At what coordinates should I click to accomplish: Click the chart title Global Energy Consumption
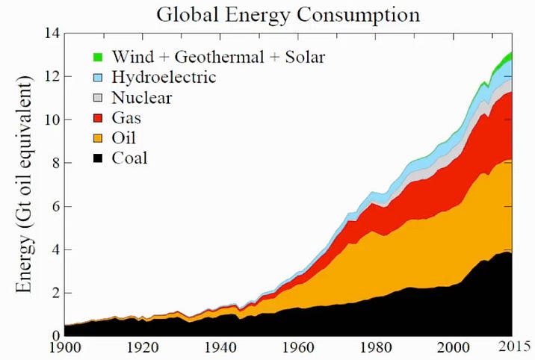click(286, 15)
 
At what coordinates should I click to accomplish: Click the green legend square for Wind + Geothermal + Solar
click(98, 57)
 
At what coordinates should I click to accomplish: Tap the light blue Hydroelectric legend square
click(98, 77)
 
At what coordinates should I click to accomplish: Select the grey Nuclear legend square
click(98, 97)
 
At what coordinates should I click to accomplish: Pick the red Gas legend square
click(98, 117)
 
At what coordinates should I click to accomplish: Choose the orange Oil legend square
click(98, 137)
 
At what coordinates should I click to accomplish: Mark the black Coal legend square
click(98, 158)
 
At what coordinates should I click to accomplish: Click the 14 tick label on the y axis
click(50, 34)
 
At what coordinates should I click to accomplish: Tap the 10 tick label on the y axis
click(50, 120)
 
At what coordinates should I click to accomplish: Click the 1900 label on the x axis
click(65, 349)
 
